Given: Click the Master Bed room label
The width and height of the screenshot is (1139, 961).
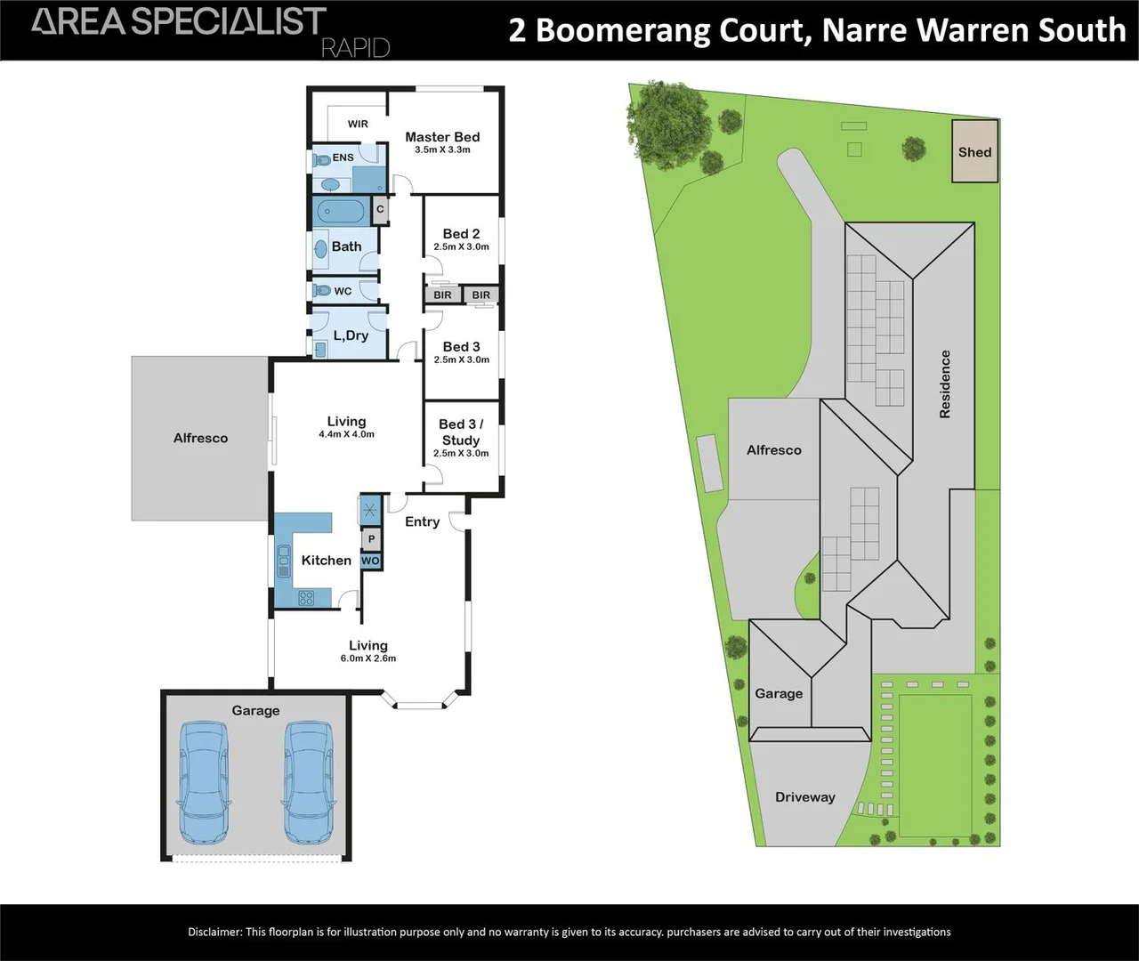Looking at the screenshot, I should click(442, 137).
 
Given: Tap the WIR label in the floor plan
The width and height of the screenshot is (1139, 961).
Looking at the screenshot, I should click(358, 124).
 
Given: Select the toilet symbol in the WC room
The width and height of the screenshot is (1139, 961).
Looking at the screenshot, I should click(321, 291).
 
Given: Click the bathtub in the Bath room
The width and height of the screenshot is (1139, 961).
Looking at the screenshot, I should click(340, 213).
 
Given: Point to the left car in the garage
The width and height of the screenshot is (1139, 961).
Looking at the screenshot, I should click(205, 783).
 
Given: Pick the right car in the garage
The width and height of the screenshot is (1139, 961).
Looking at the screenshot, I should click(309, 783).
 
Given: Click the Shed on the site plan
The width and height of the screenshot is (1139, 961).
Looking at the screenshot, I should click(974, 151).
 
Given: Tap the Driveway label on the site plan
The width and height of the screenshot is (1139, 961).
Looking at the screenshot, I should click(804, 797).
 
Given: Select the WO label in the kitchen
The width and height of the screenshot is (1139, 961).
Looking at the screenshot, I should click(370, 561).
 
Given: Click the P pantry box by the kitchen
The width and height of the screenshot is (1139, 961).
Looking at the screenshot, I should click(371, 539).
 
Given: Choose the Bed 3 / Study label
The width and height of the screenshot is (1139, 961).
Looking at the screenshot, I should click(461, 432).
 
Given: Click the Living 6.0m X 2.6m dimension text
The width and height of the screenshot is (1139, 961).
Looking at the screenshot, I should click(368, 659).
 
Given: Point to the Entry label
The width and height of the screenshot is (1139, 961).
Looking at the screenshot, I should click(422, 522).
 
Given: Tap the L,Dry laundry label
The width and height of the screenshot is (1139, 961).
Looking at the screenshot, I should click(351, 335).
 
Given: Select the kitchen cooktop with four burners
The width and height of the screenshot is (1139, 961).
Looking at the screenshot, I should click(305, 598).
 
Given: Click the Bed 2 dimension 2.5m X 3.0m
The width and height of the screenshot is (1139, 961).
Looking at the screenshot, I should click(461, 247).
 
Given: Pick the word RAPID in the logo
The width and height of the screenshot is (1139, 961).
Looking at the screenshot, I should click(355, 47).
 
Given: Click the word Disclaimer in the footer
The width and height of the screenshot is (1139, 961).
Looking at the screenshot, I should click(214, 932).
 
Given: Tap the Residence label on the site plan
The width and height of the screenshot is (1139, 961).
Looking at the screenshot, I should click(945, 384).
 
